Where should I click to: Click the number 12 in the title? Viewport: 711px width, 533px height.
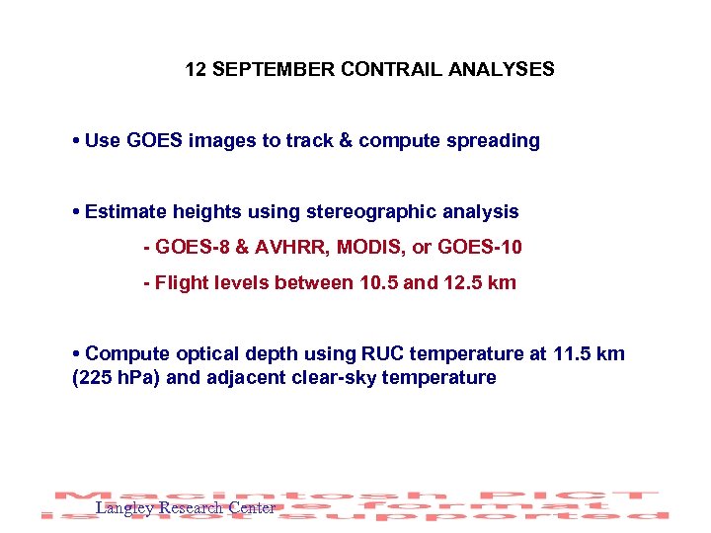[196, 70]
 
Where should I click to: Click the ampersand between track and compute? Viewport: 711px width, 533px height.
[347, 140]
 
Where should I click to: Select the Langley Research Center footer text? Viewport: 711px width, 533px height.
[185, 508]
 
